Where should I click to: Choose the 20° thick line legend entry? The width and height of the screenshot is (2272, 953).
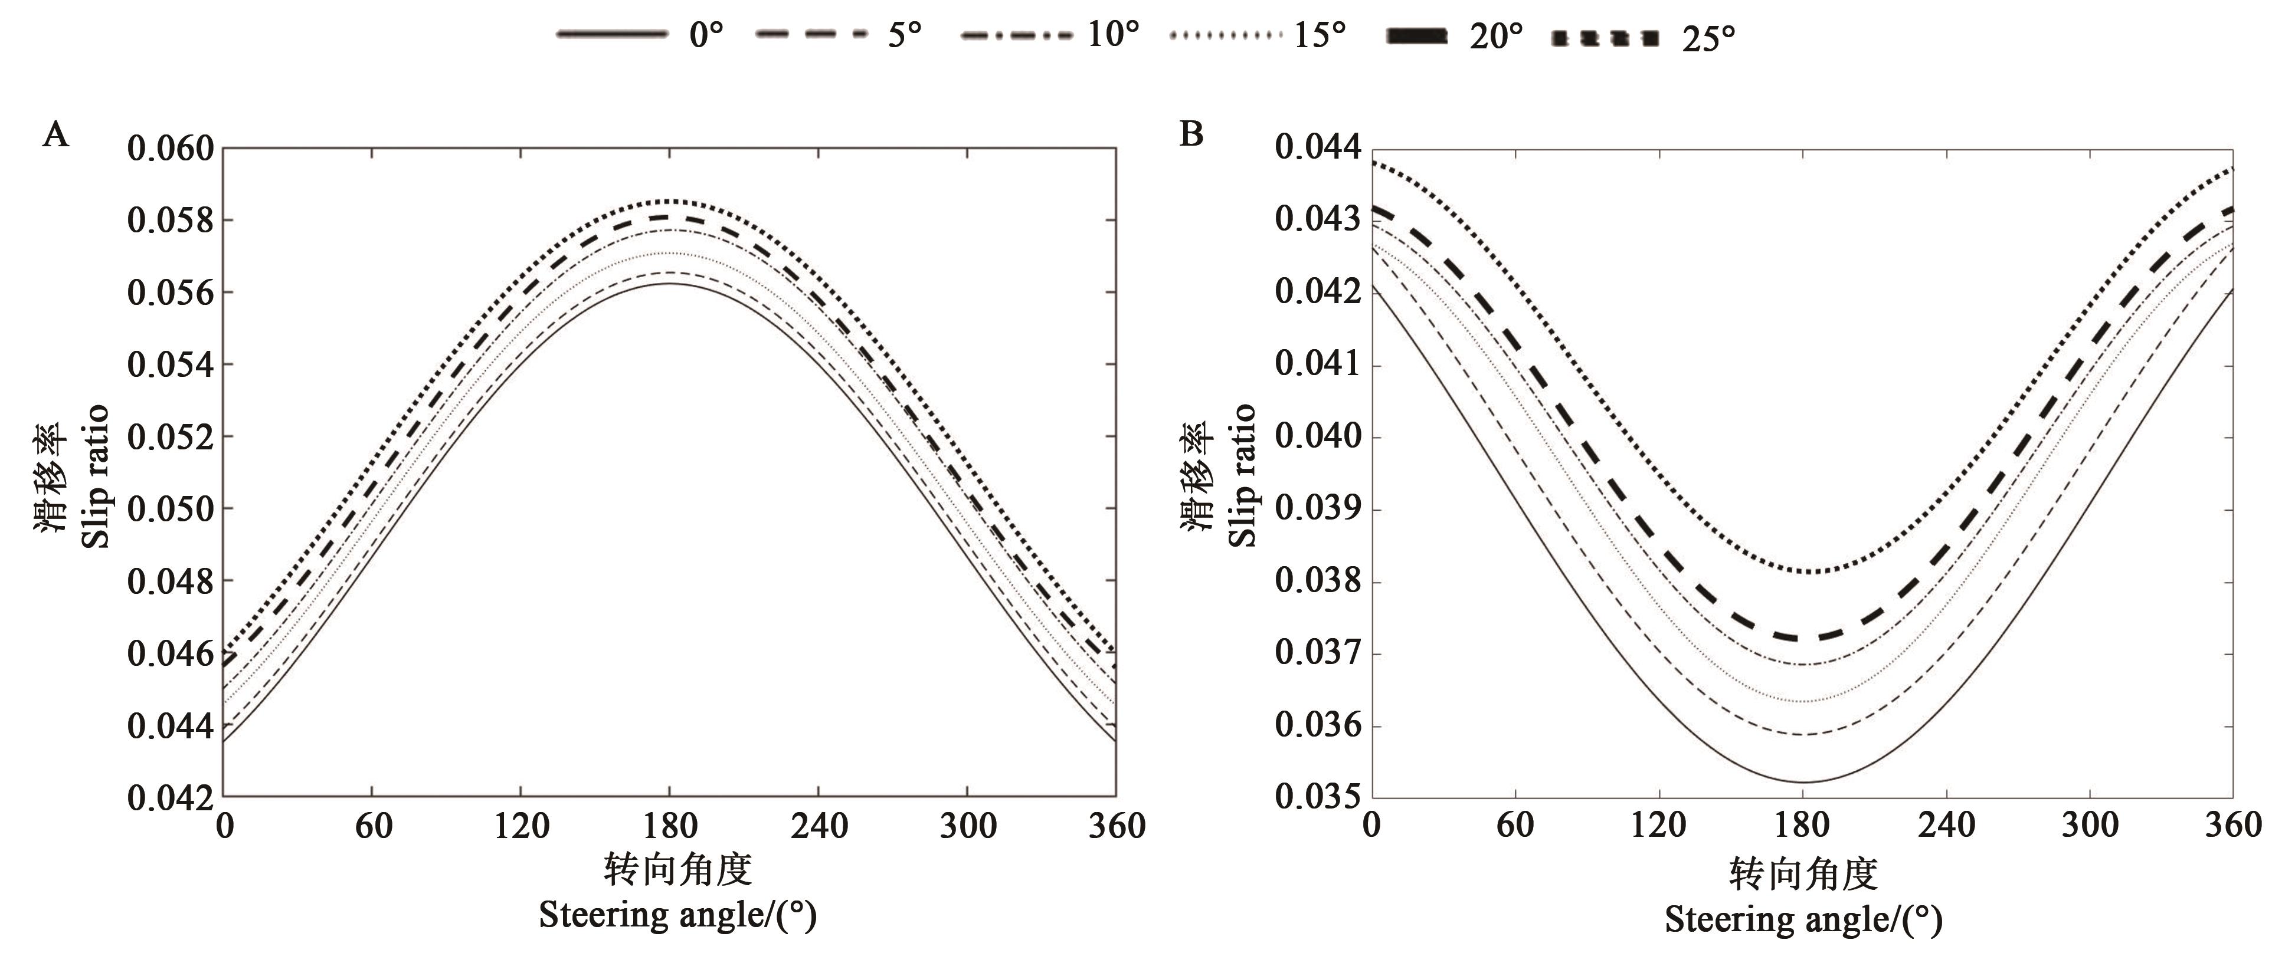(x=1455, y=36)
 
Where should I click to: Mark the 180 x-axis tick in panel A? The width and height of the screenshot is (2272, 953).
(x=670, y=826)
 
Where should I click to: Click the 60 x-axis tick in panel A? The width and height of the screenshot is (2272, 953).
(x=373, y=826)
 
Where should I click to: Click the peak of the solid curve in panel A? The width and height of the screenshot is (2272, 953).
(x=670, y=284)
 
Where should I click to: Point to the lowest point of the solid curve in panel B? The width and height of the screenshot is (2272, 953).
(x=1803, y=782)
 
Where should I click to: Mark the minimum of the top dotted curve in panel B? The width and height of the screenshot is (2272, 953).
(x=1803, y=572)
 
